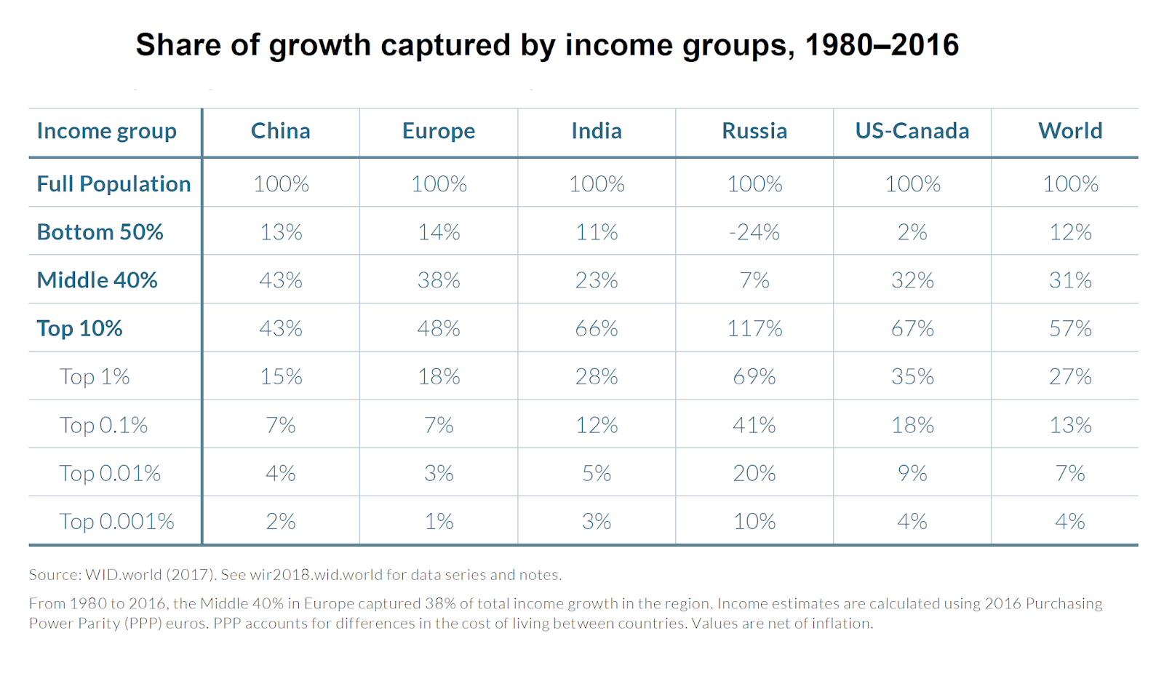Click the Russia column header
tap(754, 131)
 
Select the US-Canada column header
tap(912, 131)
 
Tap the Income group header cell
tap(107, 131)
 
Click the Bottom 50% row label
tap(100, 232)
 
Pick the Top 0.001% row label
tap(116, 521)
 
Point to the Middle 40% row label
tap(97, 280)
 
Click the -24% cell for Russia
tap(754, 232)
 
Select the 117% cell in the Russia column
tap(754, 328)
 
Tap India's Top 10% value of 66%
tap(597, 328)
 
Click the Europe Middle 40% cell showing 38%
tap(439, 280)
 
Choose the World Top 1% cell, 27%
tap(1070, 377)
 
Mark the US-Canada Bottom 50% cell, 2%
tap(912, 232)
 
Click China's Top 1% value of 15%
tap(281, 377)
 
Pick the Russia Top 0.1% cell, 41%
tap(754, 425)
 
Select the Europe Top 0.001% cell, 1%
tap(439, 521)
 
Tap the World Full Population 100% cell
tap(1070, 184)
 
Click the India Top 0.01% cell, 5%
tap(597, 473)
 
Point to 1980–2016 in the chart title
tap(882, 45)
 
